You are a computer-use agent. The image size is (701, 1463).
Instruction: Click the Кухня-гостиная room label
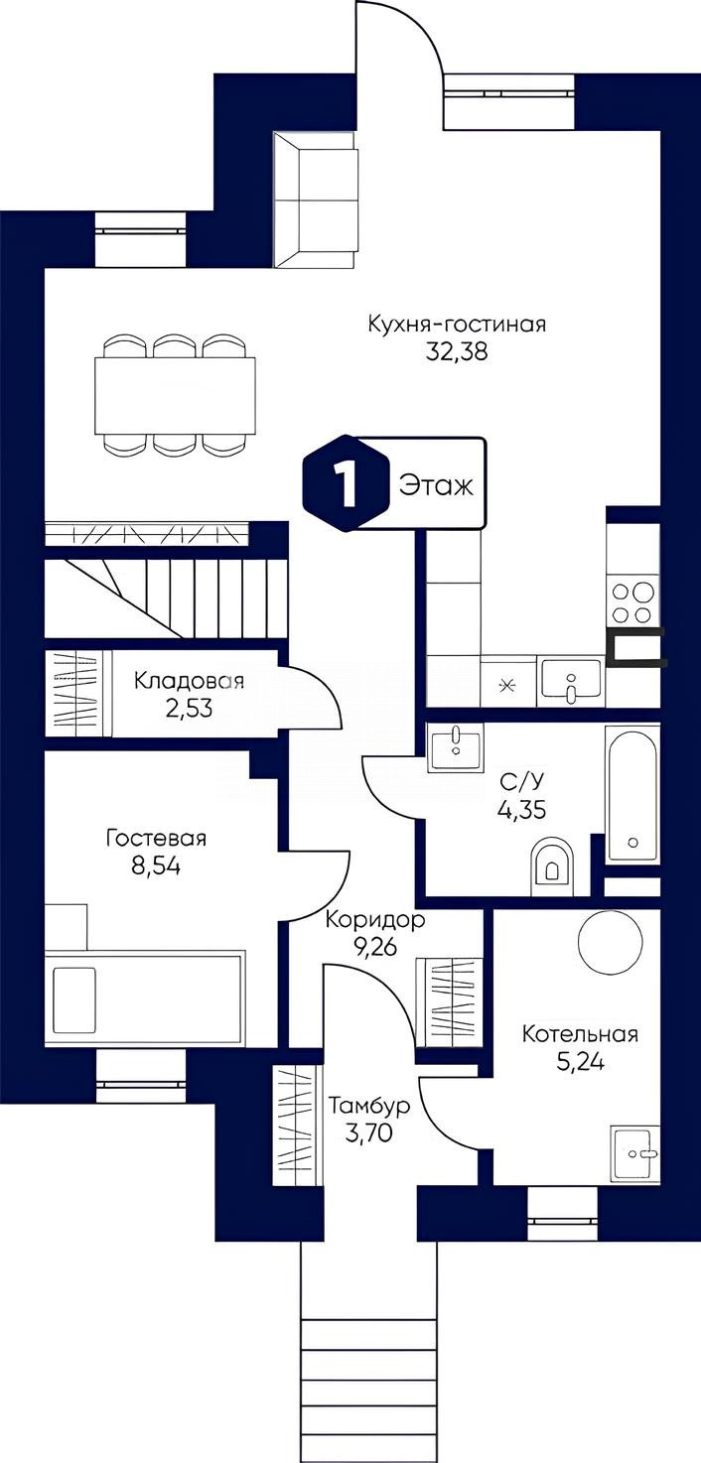click(457, 324)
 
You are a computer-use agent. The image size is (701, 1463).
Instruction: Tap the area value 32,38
click(457, 352)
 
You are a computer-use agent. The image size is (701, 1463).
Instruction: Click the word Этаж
click(436, 485)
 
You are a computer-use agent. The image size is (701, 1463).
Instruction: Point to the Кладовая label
click(189, 681)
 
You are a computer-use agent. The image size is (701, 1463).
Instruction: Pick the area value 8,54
click(156, 866)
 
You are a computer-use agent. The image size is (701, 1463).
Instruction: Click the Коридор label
click(375, 920)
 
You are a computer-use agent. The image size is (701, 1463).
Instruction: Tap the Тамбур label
click(369, 1107)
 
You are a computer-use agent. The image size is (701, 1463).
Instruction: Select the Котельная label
click(580, 1034)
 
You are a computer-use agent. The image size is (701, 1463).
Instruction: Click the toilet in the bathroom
click(552, 866)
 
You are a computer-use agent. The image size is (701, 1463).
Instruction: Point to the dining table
click(175, 396)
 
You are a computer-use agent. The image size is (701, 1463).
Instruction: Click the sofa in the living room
click(317, 199)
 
